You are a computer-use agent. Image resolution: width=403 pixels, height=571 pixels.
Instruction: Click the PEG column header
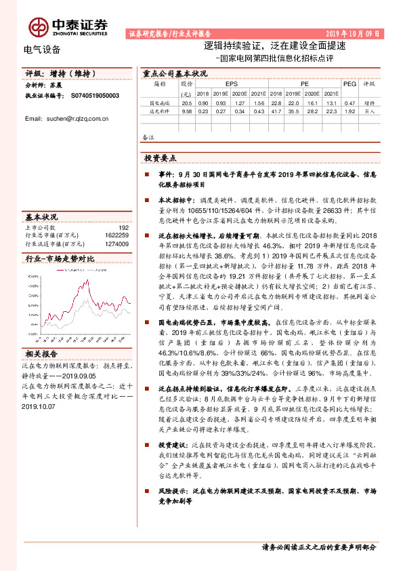[x=349, y=83]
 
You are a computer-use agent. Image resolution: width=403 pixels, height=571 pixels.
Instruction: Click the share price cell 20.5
[x=187, y=102]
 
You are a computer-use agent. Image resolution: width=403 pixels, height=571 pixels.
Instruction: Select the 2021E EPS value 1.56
[x=257, y=102]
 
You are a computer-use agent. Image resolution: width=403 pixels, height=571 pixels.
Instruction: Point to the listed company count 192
[x=123, y=228]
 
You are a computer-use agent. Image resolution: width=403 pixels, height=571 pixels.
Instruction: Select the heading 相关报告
[x=42, y=354]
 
